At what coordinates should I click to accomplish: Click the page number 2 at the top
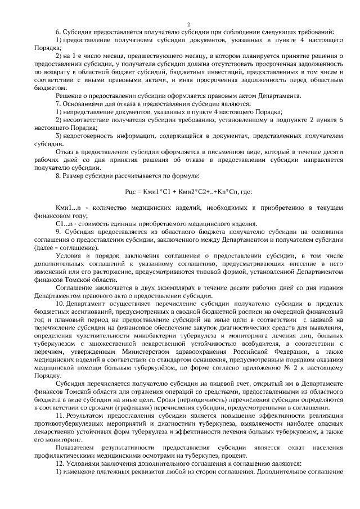click(188, 24)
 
